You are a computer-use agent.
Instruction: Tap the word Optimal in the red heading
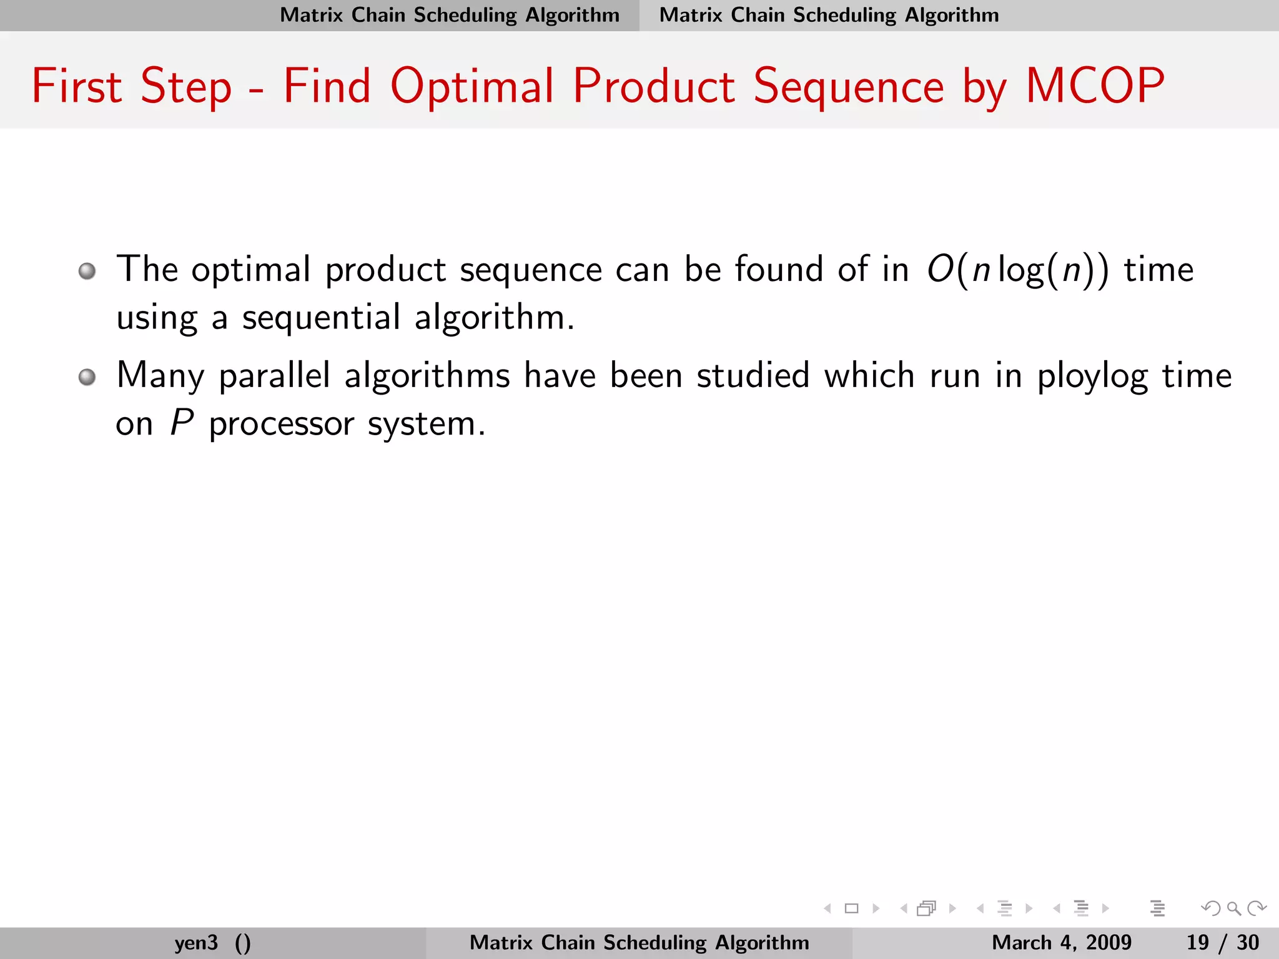472,87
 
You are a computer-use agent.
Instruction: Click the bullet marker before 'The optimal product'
87,271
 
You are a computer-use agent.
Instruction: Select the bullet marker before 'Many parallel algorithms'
87,377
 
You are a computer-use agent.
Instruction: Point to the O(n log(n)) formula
1017,270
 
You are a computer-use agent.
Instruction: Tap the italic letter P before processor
182,423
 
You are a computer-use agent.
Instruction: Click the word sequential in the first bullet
321,317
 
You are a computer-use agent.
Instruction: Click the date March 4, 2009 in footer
1061,942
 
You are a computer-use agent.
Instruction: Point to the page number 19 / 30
1222,942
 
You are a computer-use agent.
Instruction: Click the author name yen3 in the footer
196,942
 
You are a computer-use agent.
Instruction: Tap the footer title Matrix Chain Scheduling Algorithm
639,942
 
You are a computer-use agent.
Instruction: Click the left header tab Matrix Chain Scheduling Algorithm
449,15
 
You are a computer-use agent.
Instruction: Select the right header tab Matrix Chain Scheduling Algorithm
829,15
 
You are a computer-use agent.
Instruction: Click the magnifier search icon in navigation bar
1233,908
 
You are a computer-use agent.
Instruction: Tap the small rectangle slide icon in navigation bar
851,908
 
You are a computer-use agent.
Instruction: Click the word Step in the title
185,87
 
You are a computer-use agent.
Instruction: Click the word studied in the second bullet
753,376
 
